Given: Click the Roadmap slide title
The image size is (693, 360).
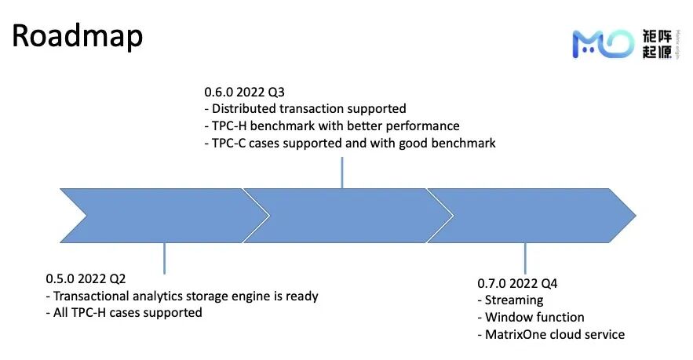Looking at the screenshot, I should coord(77,37).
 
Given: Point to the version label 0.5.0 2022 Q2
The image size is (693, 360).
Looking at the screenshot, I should coord(86,279).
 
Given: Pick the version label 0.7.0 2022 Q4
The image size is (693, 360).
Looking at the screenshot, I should coord(517,283).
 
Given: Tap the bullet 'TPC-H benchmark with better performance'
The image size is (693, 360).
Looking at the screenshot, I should coord(331,126).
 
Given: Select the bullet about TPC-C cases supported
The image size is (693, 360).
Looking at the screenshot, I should coord(349,144).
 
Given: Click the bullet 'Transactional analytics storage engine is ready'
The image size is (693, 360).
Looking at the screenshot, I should coord(182,296).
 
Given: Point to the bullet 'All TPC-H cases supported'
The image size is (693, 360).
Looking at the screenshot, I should coord(124,313).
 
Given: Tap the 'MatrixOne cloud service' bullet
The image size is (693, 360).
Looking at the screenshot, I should coord(551,335).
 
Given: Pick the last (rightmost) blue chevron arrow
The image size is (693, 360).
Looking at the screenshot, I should coord(534,215).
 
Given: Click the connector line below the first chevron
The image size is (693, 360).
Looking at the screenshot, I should coord(164,257).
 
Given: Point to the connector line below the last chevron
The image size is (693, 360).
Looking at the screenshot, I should coord(525,257).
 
